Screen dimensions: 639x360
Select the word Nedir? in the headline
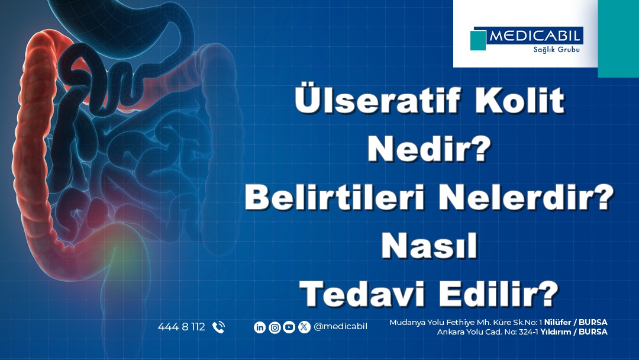tap(429, 149)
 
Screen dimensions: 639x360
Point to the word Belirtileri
tap(335, 197)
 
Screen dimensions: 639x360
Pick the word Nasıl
tap(429, 246)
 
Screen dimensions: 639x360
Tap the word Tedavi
tap(362, 294)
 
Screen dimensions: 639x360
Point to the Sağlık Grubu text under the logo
tap(556, 50)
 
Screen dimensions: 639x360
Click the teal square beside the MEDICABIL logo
tap(478, 40)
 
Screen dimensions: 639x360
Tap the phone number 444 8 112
tap(182, 327)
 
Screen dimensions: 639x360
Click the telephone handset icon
tap(218, 327)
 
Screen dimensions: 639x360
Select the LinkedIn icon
tap(260, 327)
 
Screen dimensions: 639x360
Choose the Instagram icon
tap(275, 327)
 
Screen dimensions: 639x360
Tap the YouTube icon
tap(289, 327)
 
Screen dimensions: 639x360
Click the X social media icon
tap(304, 327)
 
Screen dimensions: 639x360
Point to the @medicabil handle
tap(340, 327)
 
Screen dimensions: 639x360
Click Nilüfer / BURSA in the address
tap(576, 323)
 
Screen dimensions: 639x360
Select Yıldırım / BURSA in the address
tap(574, 332)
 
